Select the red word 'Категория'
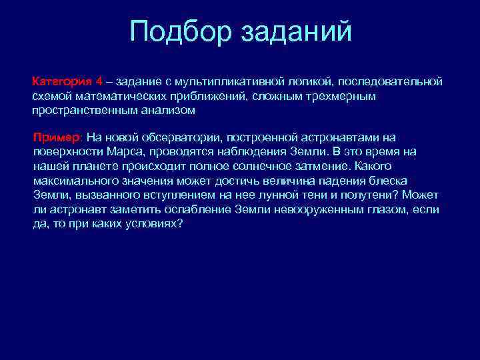point(63,81)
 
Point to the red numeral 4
point(99,81)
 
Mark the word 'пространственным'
point(79,111)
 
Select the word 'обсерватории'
point(185,137)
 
